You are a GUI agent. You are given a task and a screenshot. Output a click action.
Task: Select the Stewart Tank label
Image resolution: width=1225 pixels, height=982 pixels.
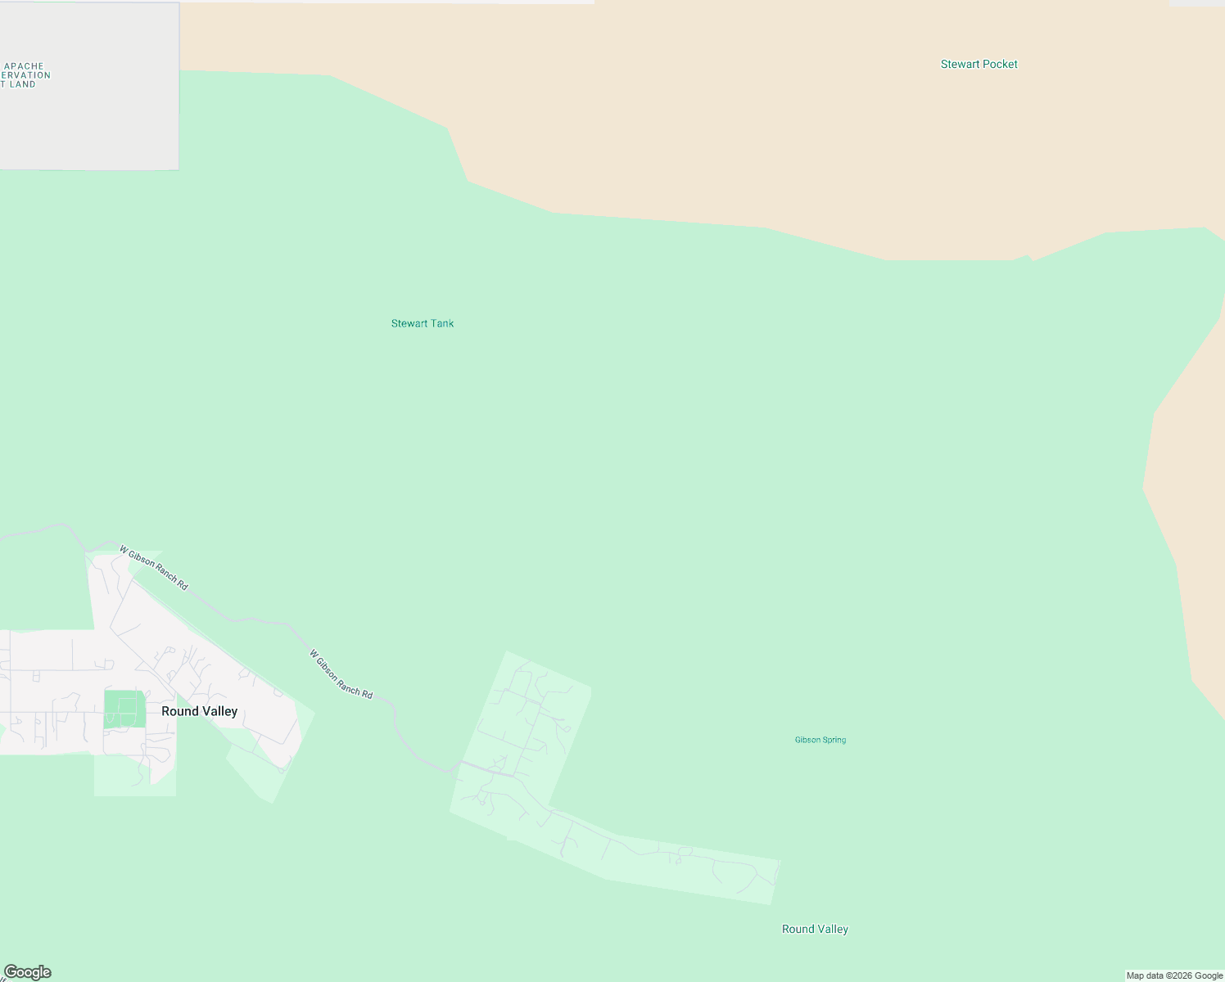point(422,323)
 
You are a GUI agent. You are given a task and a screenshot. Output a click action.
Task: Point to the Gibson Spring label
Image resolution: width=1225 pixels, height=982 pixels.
point(820,740)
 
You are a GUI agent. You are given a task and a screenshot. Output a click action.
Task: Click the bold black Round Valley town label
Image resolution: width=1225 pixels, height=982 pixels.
point(199,711)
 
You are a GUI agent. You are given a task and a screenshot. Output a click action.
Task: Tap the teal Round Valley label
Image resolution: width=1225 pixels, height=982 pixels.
point(815,929)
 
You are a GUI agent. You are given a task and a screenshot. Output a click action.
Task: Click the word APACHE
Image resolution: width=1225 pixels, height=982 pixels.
point(24,66)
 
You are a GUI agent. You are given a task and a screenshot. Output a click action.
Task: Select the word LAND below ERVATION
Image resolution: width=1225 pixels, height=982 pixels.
point(23,84)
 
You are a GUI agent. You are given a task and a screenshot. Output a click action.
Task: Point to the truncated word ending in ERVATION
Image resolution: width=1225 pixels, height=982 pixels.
point(25,75)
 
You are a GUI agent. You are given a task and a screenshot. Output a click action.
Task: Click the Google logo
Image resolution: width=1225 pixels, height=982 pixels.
point(28,972)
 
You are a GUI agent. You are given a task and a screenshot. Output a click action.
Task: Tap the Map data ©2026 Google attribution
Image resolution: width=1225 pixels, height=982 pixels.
point(1174,975)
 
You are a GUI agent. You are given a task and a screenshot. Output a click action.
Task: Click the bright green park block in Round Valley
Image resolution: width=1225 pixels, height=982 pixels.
point(124,708)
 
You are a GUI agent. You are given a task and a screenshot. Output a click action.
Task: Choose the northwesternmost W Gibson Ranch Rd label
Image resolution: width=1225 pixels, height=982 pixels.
point(153,568)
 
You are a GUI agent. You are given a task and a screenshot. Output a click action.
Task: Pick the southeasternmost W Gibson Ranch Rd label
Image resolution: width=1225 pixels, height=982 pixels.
point(341,674)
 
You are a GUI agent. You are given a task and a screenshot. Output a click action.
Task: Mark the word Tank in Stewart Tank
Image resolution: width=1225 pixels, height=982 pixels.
point(443,323)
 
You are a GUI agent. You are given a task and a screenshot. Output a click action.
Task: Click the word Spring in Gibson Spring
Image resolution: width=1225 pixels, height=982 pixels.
point(834,740)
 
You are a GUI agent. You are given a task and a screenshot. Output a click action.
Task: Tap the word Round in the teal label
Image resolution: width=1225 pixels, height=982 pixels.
point(797,929)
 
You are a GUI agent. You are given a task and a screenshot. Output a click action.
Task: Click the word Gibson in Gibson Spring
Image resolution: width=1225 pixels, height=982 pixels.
point(807,740)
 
